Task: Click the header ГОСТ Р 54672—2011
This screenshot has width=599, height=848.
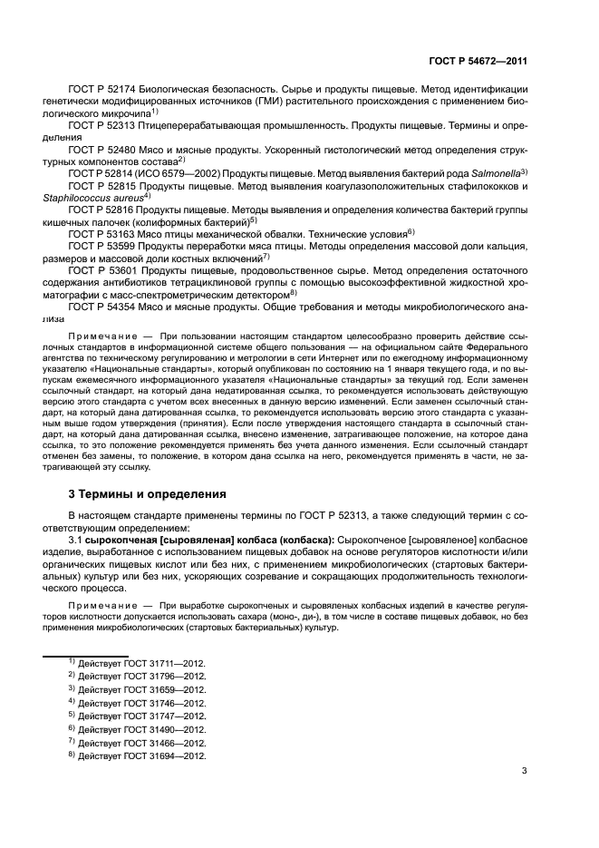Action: coord(478,59)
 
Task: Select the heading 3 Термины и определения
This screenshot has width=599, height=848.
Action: coord(141,494)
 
